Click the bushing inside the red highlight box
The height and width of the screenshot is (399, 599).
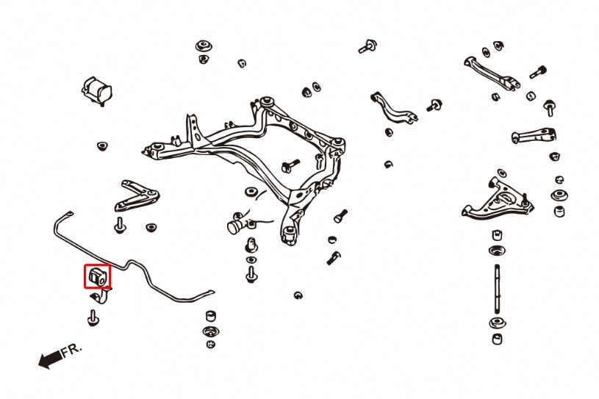[97, 276]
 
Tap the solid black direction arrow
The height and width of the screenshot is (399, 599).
[49, 360]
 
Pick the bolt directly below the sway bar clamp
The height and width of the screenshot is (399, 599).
[93, 317]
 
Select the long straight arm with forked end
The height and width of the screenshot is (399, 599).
[491, 73]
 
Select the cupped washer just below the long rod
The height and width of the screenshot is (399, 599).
[498, 323]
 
